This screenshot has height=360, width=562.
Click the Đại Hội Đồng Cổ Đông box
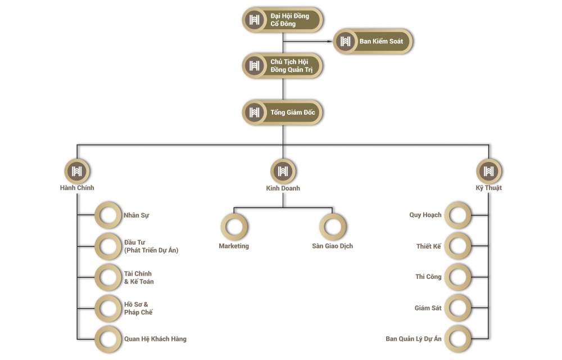283,20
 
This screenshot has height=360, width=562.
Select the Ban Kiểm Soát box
373,41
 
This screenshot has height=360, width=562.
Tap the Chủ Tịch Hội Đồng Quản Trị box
283,66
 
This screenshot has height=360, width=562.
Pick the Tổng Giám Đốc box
283,112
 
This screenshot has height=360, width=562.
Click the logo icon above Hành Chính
78,171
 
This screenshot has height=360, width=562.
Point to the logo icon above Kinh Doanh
283,171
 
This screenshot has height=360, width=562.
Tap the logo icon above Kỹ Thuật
488,171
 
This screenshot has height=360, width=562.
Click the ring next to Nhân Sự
107,215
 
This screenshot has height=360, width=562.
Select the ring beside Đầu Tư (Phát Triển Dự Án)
107,246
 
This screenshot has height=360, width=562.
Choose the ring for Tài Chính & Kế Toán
107,277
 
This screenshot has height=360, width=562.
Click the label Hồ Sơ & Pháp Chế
138,308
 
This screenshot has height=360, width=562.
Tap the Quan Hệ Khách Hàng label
155,339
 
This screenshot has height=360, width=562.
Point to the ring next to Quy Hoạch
459,215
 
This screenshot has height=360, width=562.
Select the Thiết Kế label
429,246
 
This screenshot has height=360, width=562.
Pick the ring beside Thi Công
459,277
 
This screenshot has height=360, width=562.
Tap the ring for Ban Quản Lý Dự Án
459,339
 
